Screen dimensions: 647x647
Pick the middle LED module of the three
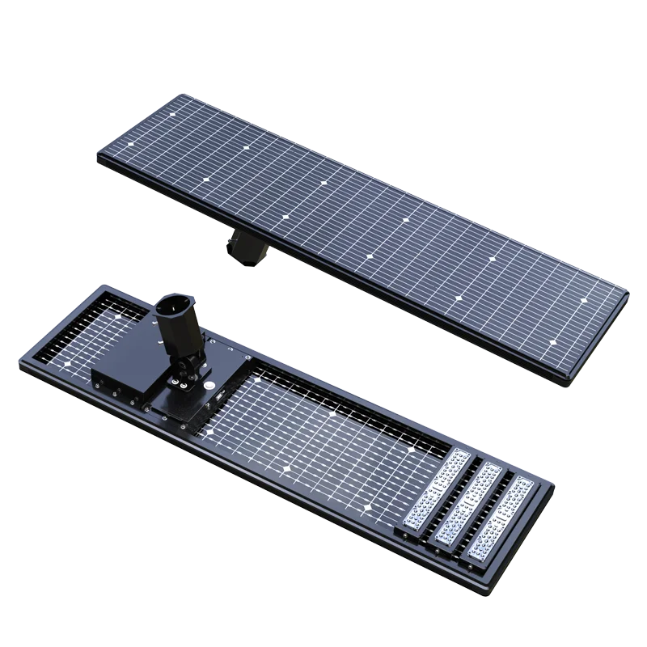(467, 504)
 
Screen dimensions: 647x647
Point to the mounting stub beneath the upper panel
(243, 245)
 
